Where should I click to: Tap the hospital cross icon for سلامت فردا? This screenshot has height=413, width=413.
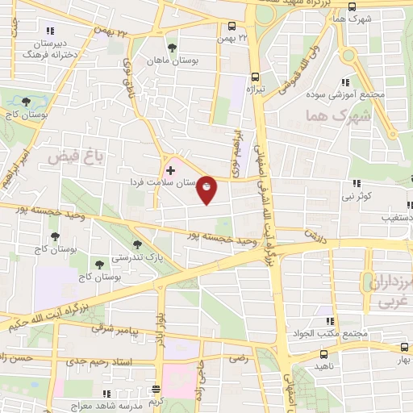click(170, 170)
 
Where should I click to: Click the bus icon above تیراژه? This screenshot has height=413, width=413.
click(255, 70)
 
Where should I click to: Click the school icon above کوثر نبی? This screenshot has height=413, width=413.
click(356, 184)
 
